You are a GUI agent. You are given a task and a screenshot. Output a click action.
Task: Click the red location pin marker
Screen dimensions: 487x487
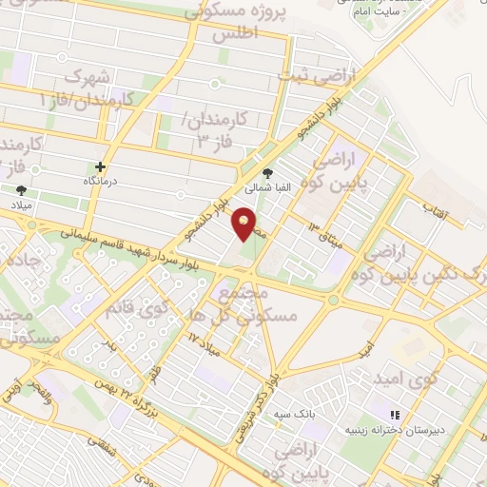[245, 224]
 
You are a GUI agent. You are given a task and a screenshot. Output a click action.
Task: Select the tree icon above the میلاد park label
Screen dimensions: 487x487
[21, 191]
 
